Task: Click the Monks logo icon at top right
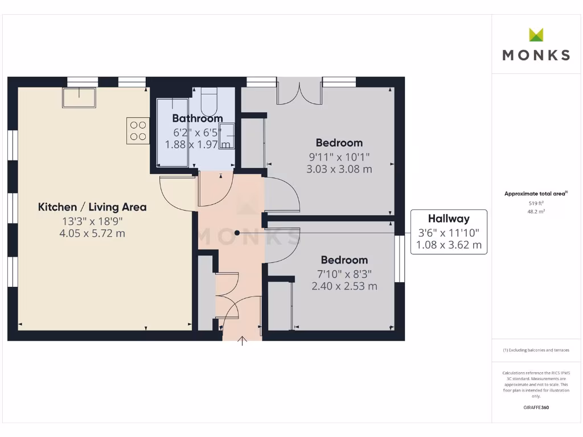pos(536,35)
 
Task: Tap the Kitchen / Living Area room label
pos(92,207)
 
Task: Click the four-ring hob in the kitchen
pos(138,130)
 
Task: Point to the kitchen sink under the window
pos(80,97)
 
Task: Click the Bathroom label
pos(197,118)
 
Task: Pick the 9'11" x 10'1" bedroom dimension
pos(339,156)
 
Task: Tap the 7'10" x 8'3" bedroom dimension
pos(344,273)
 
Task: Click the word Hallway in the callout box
pos(449,218)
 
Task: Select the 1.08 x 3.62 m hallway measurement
pos(449,245)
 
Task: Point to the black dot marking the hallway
pos(237,233)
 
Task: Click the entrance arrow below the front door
pos(243,341)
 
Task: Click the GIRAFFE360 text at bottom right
pos(536,407)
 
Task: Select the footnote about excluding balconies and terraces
pos(536,351)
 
